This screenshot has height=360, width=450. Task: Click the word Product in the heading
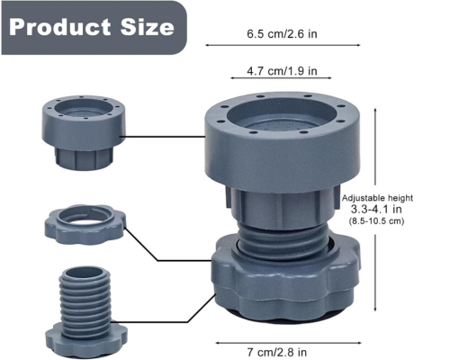[60, 27]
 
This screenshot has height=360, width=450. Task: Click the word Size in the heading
[148, 27]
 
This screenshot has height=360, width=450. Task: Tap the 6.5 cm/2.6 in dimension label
[282, 33]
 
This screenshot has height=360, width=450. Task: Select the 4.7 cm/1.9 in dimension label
[282, 71]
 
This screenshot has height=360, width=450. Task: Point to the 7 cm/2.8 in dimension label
[277, 352]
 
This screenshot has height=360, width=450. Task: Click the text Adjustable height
[377, 198]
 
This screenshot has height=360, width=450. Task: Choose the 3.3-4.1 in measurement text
[376, 209]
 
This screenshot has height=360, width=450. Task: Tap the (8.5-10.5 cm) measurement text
[376, 221]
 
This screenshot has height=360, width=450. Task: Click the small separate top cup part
[83, 132]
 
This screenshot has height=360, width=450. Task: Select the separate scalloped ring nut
[85, 224]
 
